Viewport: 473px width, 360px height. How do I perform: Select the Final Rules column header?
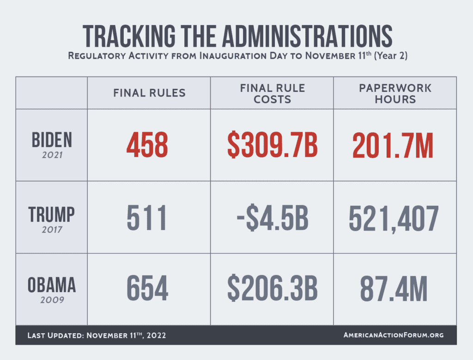click(x=149, y=93)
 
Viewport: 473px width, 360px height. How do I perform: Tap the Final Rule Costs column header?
click(x=272, y=93)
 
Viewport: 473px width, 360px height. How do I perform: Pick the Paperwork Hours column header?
click(x=395, y=93)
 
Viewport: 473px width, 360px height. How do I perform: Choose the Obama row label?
click(x=51, y=285)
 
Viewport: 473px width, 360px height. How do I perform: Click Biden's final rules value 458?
click(x=147, y=145)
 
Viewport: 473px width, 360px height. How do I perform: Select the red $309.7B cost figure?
click(x=272, y=145)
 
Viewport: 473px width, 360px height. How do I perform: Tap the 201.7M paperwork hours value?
click(x=393, y=145)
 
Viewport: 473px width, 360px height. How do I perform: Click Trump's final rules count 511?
click(x=147, y=218)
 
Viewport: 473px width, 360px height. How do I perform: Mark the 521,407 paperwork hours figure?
click(x=393, y=218)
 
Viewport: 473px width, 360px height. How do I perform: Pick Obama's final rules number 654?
click(x=147, y=289)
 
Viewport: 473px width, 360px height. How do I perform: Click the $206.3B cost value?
click(x=272, y=289)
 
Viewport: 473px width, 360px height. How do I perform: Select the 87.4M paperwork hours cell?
click(x=393, y=289)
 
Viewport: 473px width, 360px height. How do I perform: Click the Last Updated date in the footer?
click(x=97, y=335)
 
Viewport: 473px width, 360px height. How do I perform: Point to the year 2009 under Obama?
click(x=51, y=300)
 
